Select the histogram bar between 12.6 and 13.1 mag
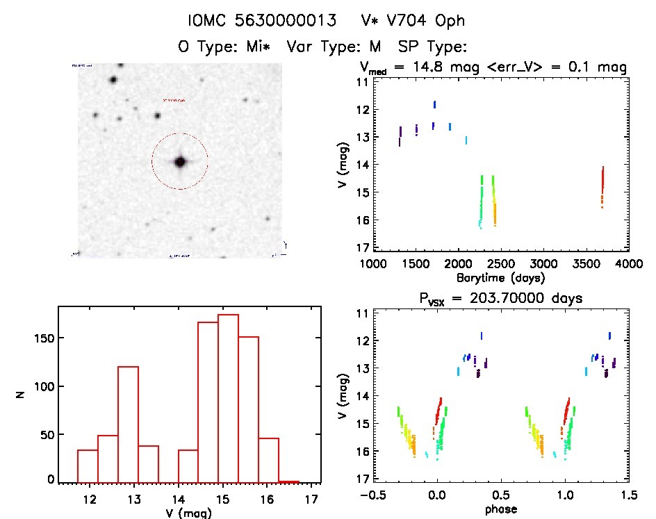click(x=129, y=424)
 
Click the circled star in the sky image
click(x=181, y=162)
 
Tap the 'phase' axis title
click(x=500, y=509)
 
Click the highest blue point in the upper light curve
click(x=434, y=104)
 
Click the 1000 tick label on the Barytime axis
click(x=373, y=265)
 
